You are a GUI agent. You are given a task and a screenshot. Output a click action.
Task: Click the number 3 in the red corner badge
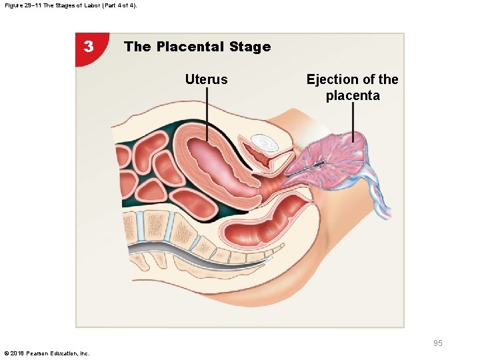point(89,47)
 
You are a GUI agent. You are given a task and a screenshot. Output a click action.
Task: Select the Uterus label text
point(206,80)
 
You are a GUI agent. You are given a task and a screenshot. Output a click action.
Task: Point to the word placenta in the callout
point(353,95)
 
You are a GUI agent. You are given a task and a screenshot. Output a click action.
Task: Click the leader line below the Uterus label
point(207,113)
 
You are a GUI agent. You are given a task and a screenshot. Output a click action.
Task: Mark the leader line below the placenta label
point(353,123)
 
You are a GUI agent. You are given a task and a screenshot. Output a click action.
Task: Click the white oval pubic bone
point(265,142)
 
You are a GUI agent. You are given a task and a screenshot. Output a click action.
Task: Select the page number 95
point(437,343)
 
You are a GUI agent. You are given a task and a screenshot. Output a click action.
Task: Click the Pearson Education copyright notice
point(47,353)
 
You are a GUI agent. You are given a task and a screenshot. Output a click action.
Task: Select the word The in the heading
point(137,47)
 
